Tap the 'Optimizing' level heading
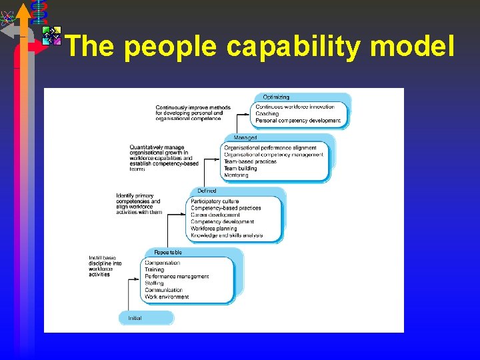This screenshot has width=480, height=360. coord(276,97)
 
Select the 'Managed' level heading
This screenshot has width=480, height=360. coord(245,138)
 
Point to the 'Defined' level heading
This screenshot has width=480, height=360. coord(207,191)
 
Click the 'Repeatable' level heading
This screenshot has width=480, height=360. coord(168,253)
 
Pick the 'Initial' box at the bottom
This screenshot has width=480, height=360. coord(135,318)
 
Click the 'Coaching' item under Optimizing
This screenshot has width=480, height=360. coord(267,114)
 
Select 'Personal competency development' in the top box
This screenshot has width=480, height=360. coord(298,121)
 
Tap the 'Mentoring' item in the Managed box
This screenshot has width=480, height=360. coord(236,175)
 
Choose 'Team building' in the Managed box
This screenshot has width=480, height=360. coord(240,169)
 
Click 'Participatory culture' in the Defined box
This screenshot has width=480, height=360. coord(215,201)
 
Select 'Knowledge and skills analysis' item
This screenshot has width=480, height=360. coord(227,235)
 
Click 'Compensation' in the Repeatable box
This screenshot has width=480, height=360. coord(163,263)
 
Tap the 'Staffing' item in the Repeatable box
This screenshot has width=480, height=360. coord(154,283)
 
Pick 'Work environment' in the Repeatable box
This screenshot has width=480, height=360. coord(167,297)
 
